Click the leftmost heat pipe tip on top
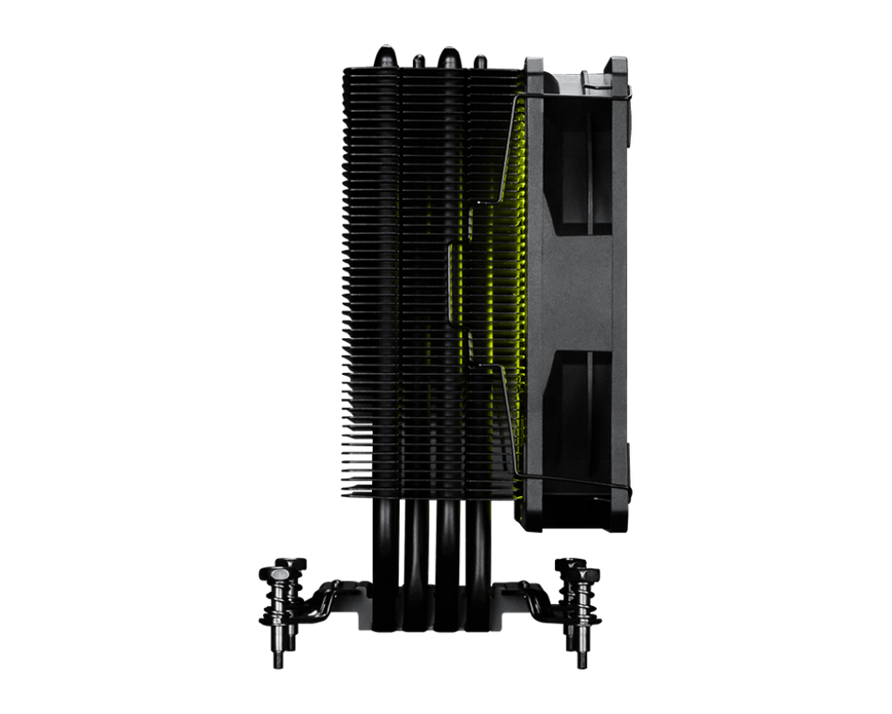click(386, 50)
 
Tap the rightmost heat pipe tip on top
click(481, 59)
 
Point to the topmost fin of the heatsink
click(427, 69)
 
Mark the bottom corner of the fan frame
click(620, 526)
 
